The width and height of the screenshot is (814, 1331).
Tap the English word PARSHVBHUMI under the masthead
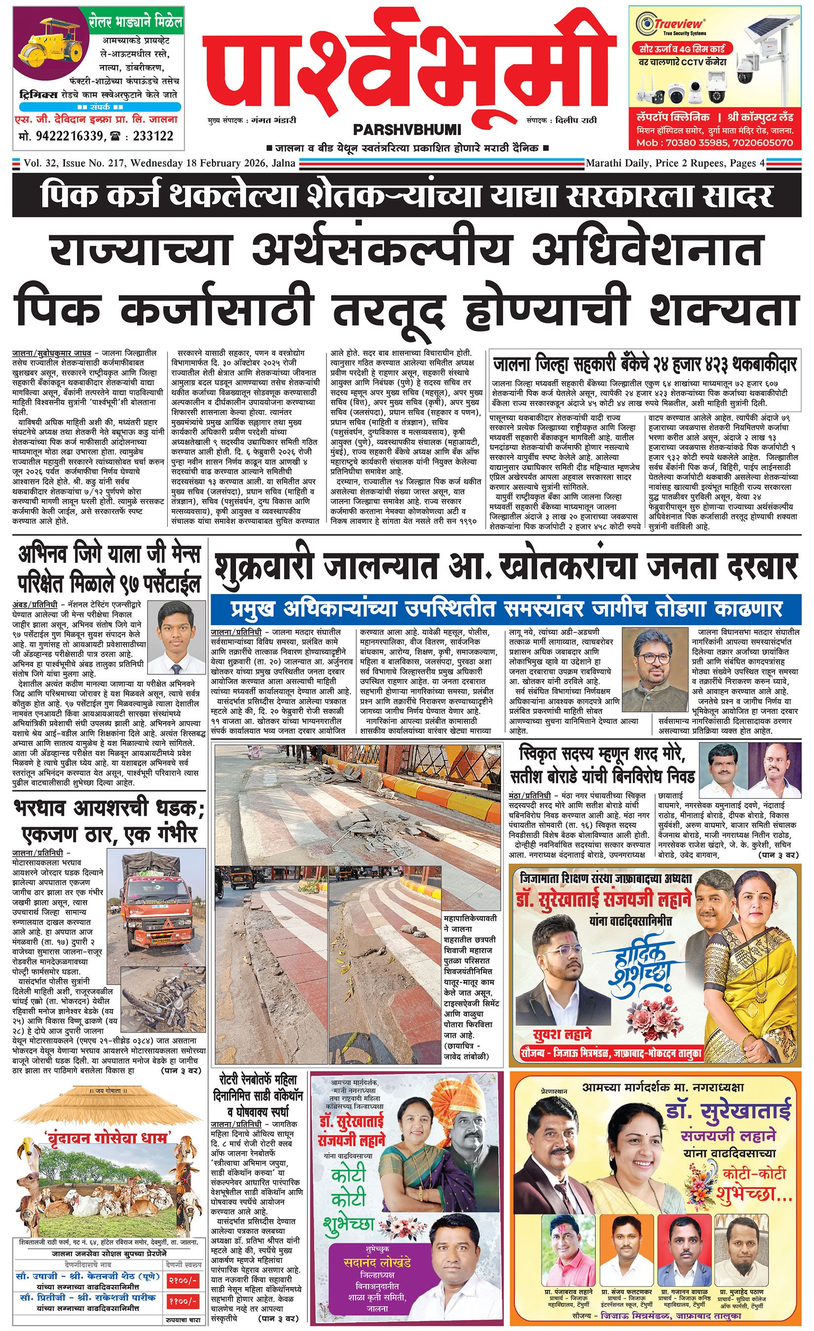(x=407, y=130)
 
